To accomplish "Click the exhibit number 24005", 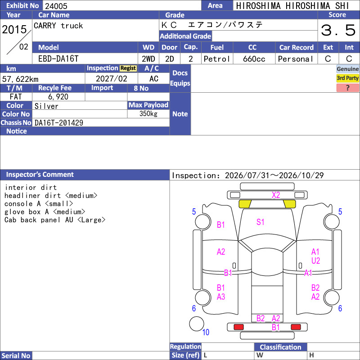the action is (56, 6).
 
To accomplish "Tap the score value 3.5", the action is (338, 30).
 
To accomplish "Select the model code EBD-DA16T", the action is (58, 59).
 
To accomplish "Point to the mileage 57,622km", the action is (20, 79).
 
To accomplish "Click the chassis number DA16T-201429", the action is (59, 123).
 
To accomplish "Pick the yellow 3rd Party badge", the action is (347, 78).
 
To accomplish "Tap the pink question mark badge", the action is (347, 88).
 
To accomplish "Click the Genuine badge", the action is (347, 69).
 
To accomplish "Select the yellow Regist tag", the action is (128, 68).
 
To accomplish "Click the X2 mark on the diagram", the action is (276, 195).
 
